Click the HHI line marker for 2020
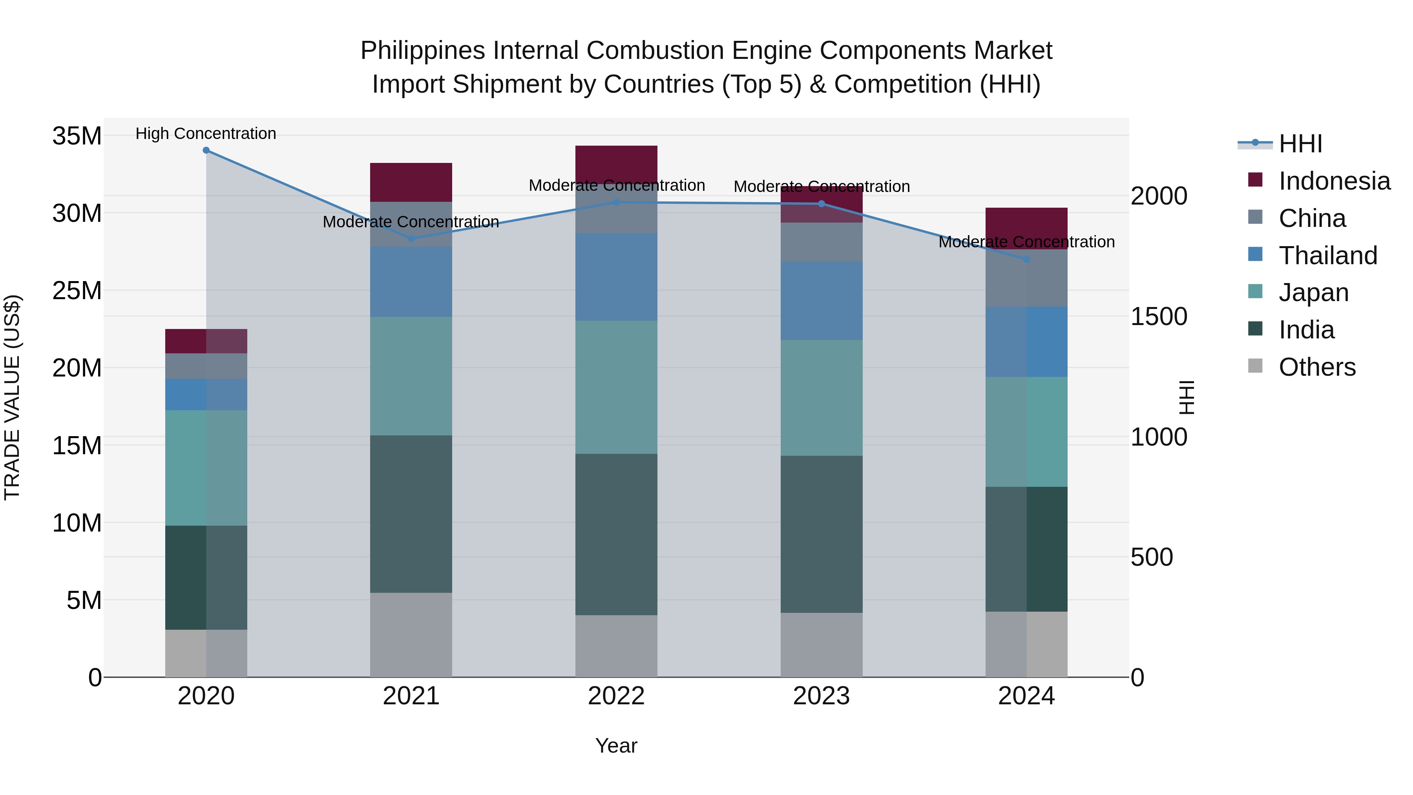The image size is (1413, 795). coord(206,150)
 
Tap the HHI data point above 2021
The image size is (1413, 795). coord(411,239)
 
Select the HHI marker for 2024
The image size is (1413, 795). coord(1027,259)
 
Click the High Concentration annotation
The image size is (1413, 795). coord(206,133)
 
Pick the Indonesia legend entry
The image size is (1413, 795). coord(1334,181)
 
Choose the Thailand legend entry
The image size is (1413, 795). coord(1327,256)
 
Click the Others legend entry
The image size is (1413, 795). coord(1316,367)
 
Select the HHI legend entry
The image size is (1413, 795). coord(1300,144)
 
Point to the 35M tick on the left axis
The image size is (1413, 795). coord(77,135)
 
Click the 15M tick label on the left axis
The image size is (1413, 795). coord(77,446)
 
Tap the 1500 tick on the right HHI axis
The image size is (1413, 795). coord(1159,316)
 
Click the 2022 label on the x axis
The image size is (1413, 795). coord(616,696)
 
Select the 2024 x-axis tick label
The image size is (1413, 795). coord(1026,696)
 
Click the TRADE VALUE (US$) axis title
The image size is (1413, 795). coord(12,397)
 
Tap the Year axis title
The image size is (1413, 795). coord(616,746)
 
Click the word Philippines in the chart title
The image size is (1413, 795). coord(422,51)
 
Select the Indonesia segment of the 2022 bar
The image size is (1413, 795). coord(616,163)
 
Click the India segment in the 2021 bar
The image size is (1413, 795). coord(411,514)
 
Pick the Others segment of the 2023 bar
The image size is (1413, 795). coord(821,645)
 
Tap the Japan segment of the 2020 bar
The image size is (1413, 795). coord(206,468)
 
